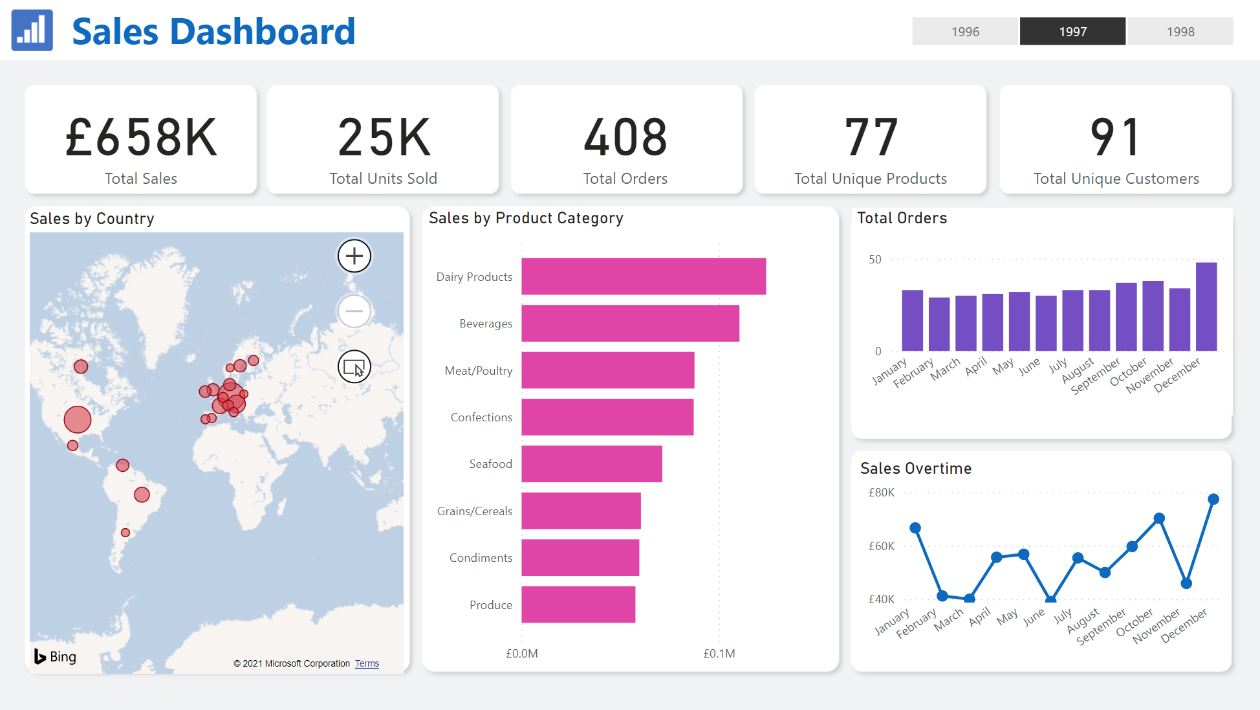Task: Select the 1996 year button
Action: click(x=965, y=31)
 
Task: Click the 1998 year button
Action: click(x=1180, y=31)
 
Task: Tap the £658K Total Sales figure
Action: click(x=141, y=137)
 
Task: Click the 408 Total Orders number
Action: click(x=625, y=137)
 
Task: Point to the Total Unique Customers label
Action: click(x=1116, y=179)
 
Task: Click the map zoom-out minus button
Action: click(x=354, y=311)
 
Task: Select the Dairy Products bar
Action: click(x=644, y=276)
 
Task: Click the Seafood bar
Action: click(x=592, y=464)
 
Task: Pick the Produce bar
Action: click(x=578, y=605)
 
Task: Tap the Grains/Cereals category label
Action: click(x=475, y=511)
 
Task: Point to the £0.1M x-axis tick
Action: click(x=719, y=654)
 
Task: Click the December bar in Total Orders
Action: click(x=1206, y=306)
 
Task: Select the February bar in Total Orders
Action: click(x=939, y=324)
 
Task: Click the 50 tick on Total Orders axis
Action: click(x=875, y=260)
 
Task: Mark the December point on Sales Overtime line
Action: click(x=1213, y=499)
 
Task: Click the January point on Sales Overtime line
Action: click(x=915, y=528)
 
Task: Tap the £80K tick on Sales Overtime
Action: click(x=881, y=493)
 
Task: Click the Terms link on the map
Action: click(x=367, y=663)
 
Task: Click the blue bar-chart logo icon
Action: click(x=32, y=30)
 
